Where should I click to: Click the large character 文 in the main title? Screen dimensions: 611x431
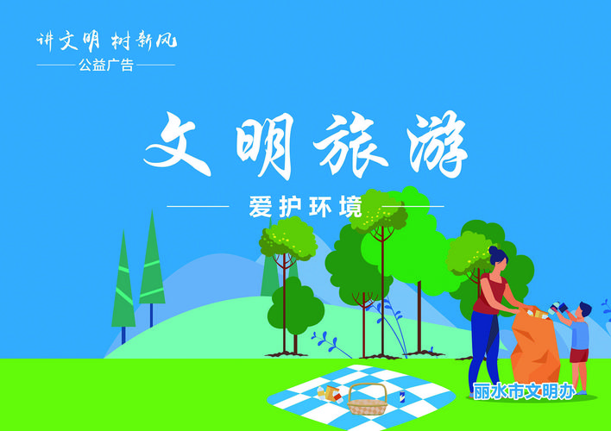[177, 144]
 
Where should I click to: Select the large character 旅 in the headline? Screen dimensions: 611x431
[350, 144]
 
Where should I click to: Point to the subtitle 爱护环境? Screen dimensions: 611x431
[305, 206]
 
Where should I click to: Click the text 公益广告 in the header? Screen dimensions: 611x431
[106, 65]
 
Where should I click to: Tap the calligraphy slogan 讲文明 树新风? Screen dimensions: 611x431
[107, 41]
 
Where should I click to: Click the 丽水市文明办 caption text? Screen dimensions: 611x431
[524, 390]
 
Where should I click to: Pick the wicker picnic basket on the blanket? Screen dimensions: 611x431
[367, 399]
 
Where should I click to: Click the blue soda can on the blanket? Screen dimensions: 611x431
[402, 397]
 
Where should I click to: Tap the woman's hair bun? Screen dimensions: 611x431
[493, 250]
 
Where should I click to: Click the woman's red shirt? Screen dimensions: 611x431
[490, 293]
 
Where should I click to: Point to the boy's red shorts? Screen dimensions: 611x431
[579, 355]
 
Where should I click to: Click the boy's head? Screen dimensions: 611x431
[584, 311]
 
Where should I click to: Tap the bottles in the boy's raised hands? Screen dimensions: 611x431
[558, 307]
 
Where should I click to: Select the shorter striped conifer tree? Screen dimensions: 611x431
[123, 280]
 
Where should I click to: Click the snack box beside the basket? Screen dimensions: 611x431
[331, 393]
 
